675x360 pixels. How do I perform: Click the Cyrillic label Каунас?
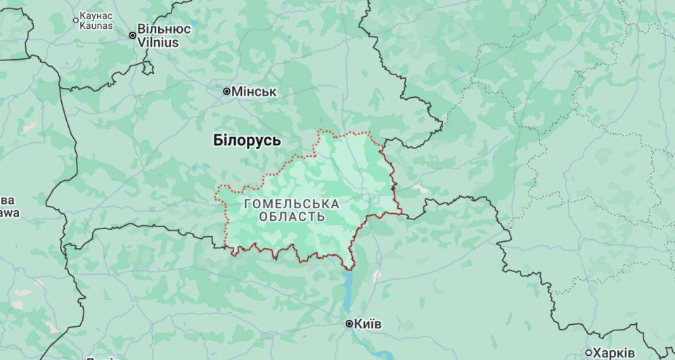96,15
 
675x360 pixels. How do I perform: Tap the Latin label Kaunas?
96,25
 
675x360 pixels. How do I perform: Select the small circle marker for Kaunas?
76,20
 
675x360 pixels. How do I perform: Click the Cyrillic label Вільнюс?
164,30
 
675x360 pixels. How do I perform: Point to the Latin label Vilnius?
158,42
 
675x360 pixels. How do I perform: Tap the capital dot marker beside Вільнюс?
132,35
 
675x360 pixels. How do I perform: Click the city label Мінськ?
255,92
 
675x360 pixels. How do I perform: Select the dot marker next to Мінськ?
226,91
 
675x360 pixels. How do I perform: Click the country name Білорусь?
247,141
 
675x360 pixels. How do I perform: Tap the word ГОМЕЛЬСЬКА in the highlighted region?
291,204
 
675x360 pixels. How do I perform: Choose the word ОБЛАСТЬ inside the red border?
292,217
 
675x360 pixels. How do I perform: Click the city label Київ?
368,324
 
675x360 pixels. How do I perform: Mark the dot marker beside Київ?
349,324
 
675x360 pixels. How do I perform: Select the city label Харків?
614,353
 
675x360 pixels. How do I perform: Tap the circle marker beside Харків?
589,353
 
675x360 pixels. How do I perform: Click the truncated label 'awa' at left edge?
9,213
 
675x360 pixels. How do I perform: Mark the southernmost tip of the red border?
349,269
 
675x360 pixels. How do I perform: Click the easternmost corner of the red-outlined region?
402,213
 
